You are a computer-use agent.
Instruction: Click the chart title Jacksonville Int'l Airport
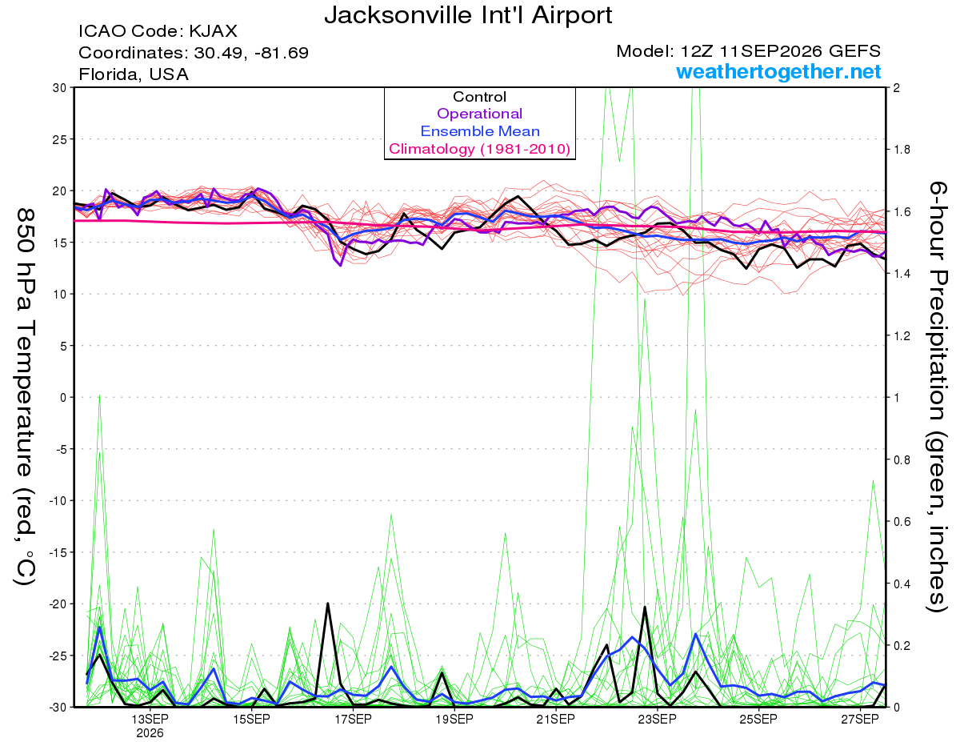coord(468,15)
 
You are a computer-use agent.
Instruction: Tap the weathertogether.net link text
coord(778,71)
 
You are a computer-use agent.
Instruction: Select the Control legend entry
coord(479,97)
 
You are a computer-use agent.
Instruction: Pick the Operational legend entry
coord(479,114)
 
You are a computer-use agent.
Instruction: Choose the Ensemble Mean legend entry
coord(480,131)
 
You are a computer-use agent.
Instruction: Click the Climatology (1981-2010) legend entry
coord(480,149)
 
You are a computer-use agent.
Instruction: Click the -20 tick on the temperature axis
coord(58,604)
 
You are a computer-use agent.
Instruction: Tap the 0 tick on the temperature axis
coord(63,398)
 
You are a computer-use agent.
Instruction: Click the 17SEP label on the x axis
coord(353,720)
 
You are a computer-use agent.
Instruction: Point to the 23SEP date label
coord(658,720)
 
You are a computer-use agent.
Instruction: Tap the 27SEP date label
coord(860,720)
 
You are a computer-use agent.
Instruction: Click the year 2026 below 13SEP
coord(150,734)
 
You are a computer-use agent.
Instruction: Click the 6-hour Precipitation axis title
coord(937,396)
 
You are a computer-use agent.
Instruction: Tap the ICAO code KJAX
coord(214,31)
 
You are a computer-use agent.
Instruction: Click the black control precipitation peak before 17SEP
coord(328,604)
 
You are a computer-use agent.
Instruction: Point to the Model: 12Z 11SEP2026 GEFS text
coord(748,51)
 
